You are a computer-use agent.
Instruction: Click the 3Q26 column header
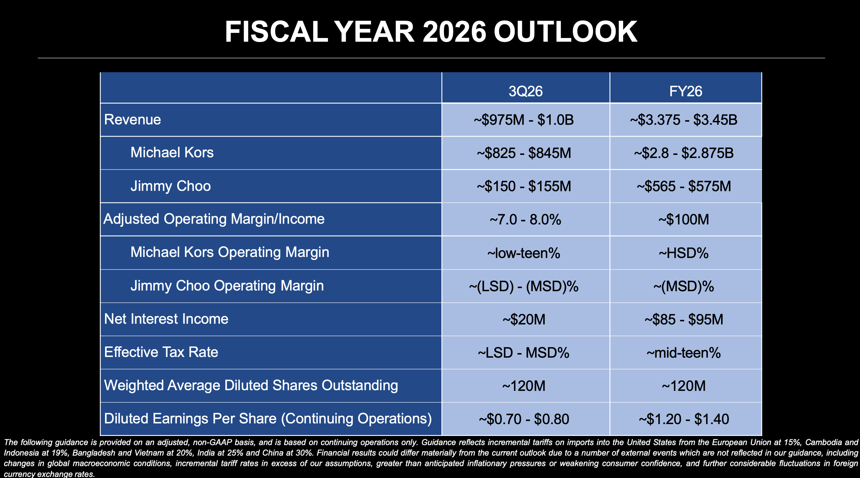pyautogui.click(x=526, y=91)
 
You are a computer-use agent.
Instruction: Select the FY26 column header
pyautogui.click(x=685, y=91)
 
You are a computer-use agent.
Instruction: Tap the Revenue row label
pyautogui.click(x=132, y=120)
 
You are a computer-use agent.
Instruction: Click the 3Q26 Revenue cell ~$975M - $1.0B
pyautogui.click(x=524, y=120)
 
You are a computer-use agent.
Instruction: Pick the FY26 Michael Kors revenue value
pyautogui.click(x=684, y=153)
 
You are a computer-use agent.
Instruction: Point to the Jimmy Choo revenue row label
pyautogui.click(x=170, y=186)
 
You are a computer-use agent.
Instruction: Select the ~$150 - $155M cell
pyautogui.click(x=524, y=186)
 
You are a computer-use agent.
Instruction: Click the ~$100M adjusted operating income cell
pyautogui.click(x=684, y=220)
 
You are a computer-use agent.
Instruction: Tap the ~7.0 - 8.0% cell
pyautogui.click(x=525, y=220)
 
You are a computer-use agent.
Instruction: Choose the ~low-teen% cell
pyautogui.click(x=524, y=253)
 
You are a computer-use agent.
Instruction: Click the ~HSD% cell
pyautogui.click(x=684, y=253)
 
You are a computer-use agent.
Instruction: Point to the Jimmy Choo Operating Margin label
pyautogui.click(x=227, y=286)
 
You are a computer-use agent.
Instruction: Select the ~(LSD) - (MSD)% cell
pyautogui.click(x=524, y=286)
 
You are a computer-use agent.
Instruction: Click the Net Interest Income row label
pyautogui.click(x=166, y=319)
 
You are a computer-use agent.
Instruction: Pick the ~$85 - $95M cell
pyautogui.click(x=684, y=320)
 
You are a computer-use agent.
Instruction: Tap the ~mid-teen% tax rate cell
pyautogui.click(x=684, y=353)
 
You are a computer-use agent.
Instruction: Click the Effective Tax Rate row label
pyautogui.click(x=161, y=352)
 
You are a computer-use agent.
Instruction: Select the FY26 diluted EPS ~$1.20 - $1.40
pyautogui.click(x=684, y=419)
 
